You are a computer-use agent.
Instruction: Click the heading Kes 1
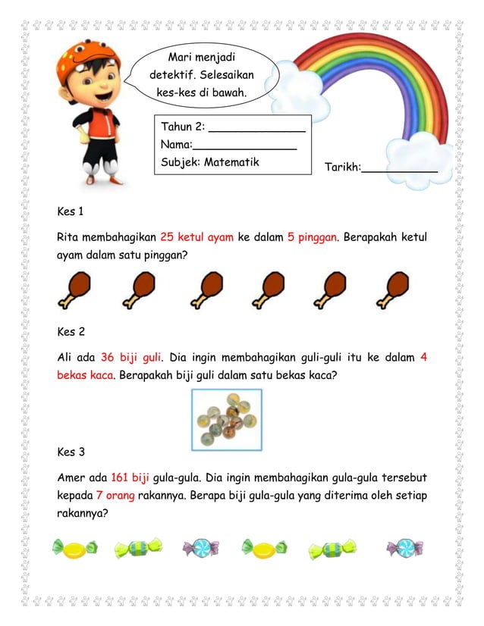tap(71, 211)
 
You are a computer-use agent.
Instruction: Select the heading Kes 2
tap(71, 331)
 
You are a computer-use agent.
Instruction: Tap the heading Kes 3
tap(71, 452)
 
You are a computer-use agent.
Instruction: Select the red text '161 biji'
tap(130, 478)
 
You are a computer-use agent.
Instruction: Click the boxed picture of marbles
tap(226, 420)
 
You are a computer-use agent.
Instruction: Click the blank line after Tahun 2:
tap(256, 129)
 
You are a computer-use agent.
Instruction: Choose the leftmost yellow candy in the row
tap(74, 546)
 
